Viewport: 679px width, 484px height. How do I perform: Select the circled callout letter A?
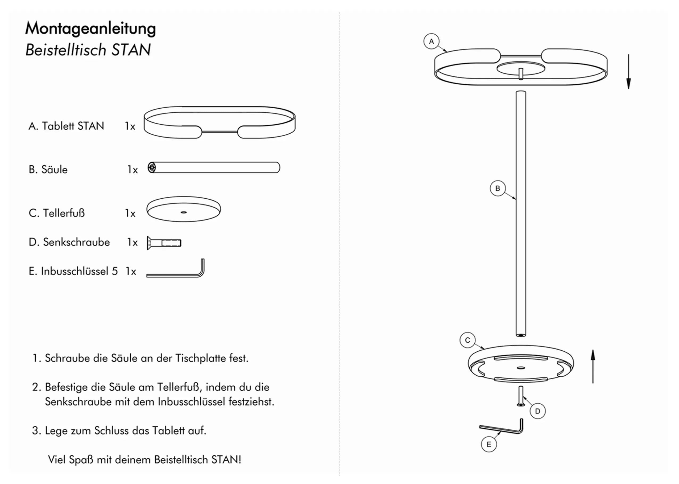click(431, 42)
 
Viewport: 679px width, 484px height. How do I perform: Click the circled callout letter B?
click(497, 188)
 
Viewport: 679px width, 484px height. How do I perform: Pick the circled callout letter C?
click(467, 340)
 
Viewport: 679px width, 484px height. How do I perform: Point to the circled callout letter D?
click(537, 411)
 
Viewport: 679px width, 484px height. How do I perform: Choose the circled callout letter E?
click(489, 445)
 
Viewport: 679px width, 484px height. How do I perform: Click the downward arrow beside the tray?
click(628, 72)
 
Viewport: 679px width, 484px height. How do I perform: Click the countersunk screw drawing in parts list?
click(164, 243)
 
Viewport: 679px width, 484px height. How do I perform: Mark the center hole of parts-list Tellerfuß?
click(184, 212)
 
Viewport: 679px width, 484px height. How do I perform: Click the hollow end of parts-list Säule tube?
click(152, 167)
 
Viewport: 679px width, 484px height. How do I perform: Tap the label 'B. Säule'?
click(48, 170)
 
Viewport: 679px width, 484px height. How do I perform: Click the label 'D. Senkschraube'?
click(69, 242)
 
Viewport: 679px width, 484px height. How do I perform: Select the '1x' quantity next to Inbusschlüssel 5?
click(131, 272)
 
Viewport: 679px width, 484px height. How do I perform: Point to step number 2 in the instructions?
click(36, 387)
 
